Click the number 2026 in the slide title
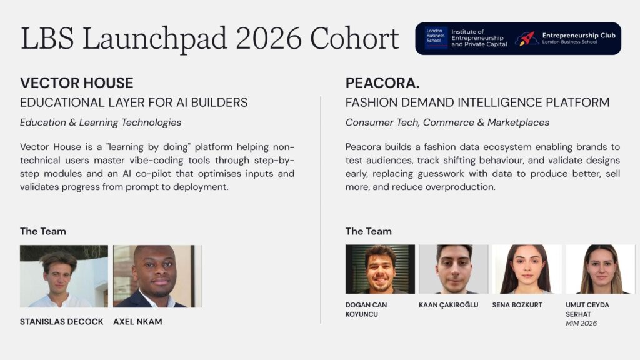[269, 39]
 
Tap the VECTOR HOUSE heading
[77, 83]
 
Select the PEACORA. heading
[382, 83]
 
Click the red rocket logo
[526, 39]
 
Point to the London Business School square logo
[436, 38]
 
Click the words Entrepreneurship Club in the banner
[579, 36]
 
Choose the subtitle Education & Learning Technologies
[101, 122]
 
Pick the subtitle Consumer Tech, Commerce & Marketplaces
[447, 122]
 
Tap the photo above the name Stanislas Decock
[64, 276]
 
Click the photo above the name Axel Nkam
[157, 276]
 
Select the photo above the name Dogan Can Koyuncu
[380, 269]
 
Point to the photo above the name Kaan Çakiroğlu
[454, 269]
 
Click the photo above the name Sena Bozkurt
[527, 269]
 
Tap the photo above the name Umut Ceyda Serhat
[601, 269]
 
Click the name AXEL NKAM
[137, 322]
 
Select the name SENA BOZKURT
[517, 305]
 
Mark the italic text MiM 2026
[581, 323]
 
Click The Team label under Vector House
[43, 231]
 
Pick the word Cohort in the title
[354, 39]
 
